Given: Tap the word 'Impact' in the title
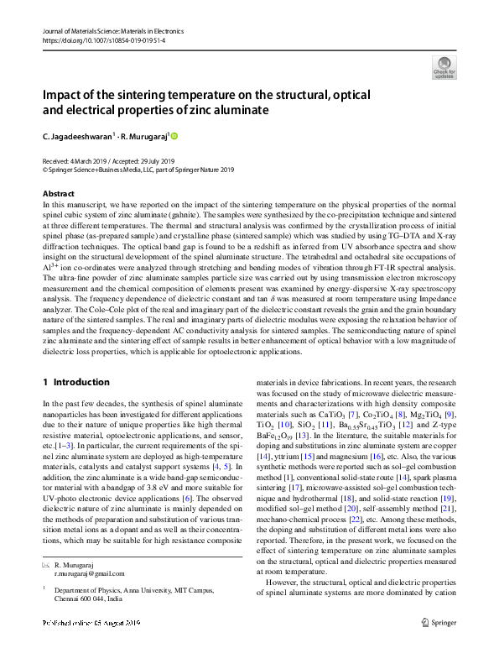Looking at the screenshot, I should pyautogui.click(x=65, y=95).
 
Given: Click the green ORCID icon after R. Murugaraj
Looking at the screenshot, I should pyautogui.click(x=175, y=135).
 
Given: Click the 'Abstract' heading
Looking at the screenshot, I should pyautogui.click(x=58, y=194).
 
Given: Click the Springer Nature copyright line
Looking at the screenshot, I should pyautogui.click(x=138, y=169).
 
